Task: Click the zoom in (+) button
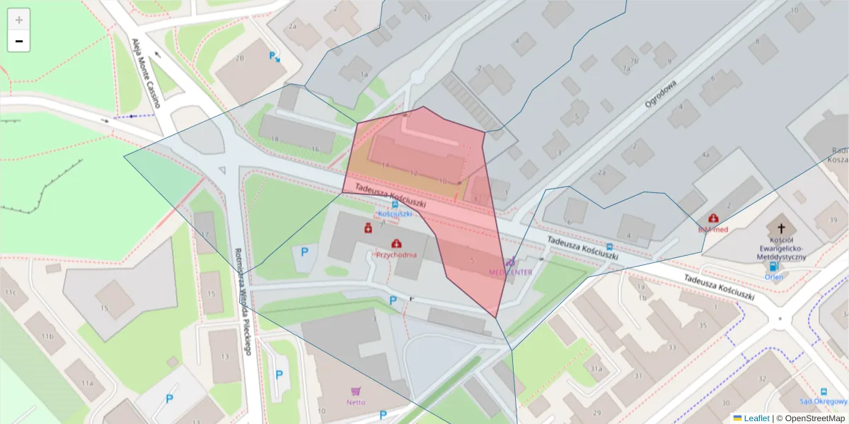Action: (19, 20)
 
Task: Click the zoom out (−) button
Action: (19, 41)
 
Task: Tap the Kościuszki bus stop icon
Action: (395, 204)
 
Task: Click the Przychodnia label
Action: (396, 254)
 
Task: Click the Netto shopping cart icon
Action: (355, 391)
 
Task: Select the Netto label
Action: (356, 403)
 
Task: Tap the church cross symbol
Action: (781, 228)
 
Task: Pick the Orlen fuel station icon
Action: (773, 266)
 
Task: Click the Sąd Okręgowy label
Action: (824, 402)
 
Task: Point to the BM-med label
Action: (712, 230)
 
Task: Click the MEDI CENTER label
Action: (511, 271)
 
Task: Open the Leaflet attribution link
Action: (756, 418)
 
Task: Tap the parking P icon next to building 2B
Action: (273, 56)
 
